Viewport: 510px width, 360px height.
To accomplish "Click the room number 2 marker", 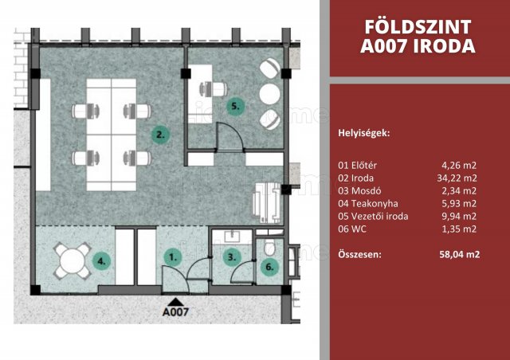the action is click(160, 135).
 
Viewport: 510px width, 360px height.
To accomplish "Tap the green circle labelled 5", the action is click(236, 106).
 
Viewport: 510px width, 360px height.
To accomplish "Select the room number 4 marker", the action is click(102, 260).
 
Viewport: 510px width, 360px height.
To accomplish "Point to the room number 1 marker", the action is click(172, 257).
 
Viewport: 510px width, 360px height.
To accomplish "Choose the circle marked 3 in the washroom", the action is click(232, 257).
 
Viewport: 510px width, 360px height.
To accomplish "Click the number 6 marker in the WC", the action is click(269, 267).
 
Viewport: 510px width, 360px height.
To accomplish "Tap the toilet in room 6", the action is click(269, 247).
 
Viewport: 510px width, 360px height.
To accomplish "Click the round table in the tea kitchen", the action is click(73, 260).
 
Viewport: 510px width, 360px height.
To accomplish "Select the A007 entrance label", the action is click(175, 312).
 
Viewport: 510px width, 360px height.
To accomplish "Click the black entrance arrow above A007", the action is click(175, 302).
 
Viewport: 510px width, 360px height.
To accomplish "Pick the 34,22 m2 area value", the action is click(457, 178).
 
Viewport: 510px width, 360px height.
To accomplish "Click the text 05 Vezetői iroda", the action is click(373, 217).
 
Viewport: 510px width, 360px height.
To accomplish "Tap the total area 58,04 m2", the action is click(459, 254).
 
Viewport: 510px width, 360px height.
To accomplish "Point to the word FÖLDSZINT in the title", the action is click(418, 27).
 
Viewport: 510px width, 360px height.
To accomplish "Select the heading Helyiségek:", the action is click(364, 133).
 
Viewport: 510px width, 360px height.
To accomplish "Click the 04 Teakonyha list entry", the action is click(368, 204).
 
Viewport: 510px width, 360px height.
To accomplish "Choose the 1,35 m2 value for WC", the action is click(459, 229).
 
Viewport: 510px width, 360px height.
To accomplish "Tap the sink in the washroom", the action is click(232, 236).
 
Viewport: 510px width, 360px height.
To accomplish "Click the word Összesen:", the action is click(359, 254).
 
